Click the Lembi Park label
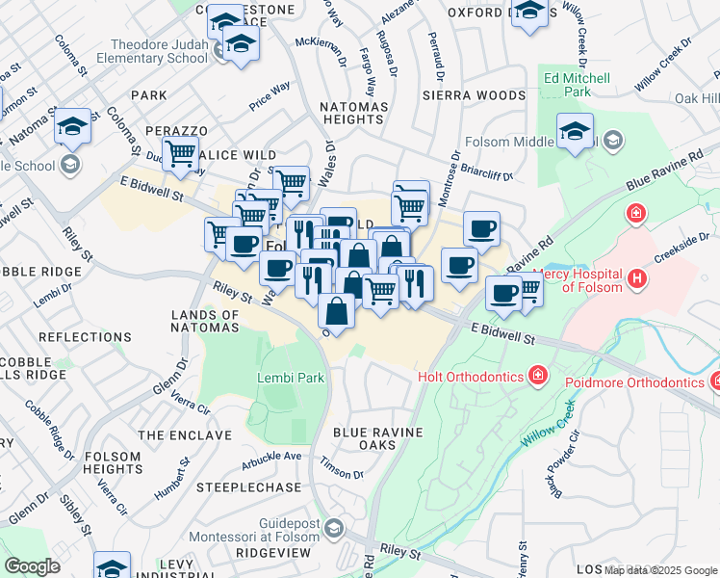291,378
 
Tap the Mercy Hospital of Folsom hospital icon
635,279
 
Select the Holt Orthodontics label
469,375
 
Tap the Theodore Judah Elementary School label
159,51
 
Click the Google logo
32,566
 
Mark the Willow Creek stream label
543,435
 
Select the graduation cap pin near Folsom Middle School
575,131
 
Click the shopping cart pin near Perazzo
180,152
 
